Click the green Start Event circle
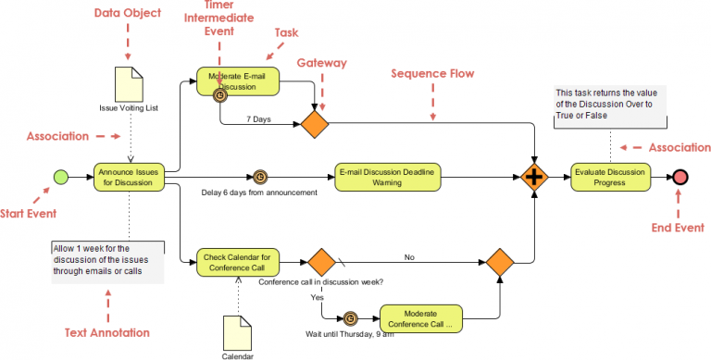point(61,176)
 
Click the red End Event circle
point(680,177)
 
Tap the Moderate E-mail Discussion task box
point(237,81)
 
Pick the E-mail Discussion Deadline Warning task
point(388,176)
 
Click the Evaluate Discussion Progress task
point(610,176)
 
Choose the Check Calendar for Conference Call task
point(236,262)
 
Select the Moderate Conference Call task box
point(421,318)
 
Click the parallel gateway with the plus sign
point(535,177)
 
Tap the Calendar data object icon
point(237,330)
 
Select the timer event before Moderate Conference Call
point(350,318)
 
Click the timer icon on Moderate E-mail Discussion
point(220,94)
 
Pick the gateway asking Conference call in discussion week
point(320,262)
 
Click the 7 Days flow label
point(258,119)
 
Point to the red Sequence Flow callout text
point(432,72)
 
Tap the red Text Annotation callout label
point(108,332)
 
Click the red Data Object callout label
point(128,13)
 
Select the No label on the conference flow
point(410,256)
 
